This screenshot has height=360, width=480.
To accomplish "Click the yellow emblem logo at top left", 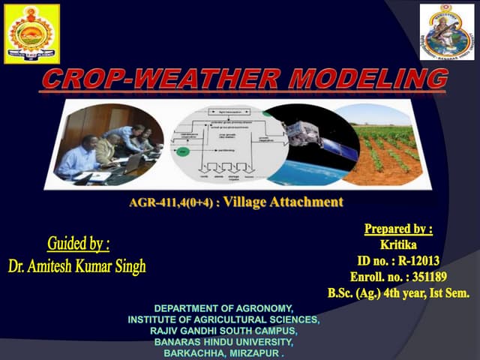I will click(x=31, y=34).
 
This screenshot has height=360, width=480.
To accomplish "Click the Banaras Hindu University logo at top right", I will click(x=447, y=31).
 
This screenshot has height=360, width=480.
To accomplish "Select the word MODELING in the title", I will click(x=364, y=79).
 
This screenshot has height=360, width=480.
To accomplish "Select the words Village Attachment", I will click(x=283, y=202).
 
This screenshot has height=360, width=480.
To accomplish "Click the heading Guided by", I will click(x=78, y=244).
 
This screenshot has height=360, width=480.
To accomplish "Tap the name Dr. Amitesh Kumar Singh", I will click(x=77, y=266).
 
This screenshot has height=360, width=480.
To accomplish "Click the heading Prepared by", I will click(x=398, y=229).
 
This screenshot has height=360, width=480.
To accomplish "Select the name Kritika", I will click(x=398, y=244).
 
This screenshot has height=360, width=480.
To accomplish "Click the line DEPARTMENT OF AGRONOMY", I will click(x=223, y=309).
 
